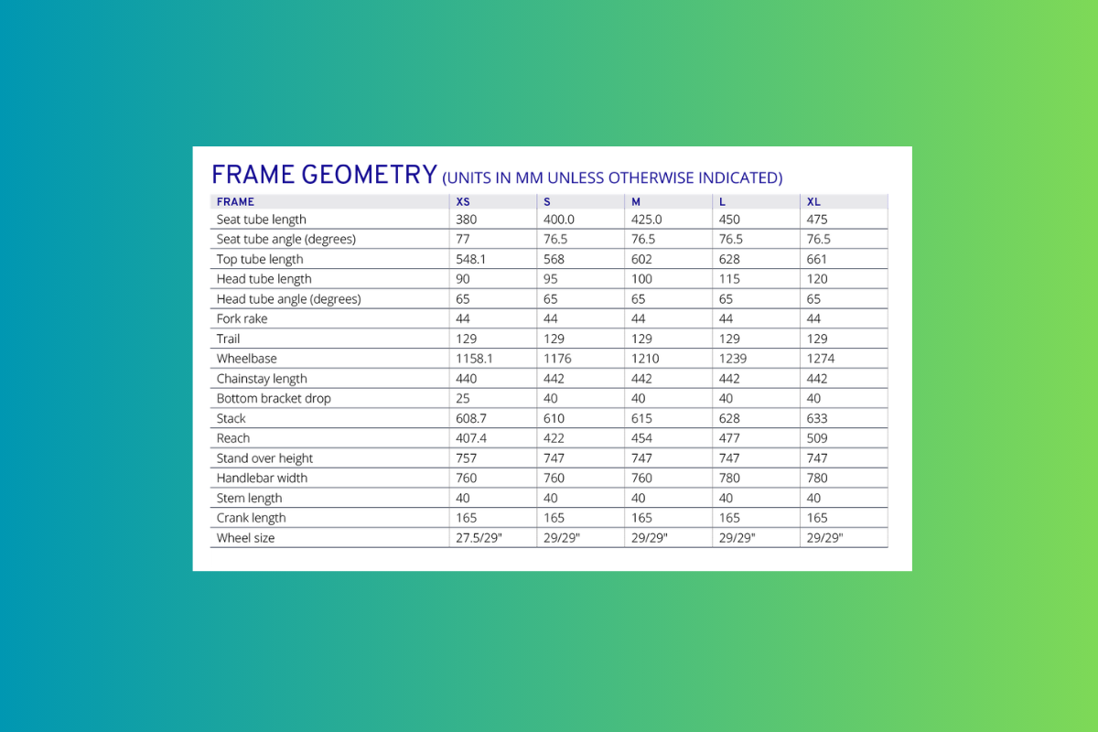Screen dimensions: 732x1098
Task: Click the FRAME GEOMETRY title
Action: point(324,175)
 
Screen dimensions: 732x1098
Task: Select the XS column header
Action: point(464,201)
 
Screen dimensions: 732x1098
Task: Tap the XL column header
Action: point(813,201)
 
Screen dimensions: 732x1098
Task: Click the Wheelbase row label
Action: point(246,359)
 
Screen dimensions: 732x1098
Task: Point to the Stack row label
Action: point(231,418)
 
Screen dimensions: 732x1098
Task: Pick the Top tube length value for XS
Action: point(472,259)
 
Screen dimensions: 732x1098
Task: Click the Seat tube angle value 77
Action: point(463,239)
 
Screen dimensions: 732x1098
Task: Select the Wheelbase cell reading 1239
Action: point(733,359)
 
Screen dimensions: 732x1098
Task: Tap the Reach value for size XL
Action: point(817,438)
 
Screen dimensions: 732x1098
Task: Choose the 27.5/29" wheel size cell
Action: point(479,538)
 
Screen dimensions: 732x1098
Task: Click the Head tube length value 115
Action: point(729,279)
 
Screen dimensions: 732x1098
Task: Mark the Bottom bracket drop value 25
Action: point(463,399)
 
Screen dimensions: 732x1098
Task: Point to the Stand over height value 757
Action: point(467,458)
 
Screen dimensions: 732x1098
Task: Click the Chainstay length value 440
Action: point(467,379)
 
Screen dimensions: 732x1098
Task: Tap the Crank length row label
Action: point(251,518)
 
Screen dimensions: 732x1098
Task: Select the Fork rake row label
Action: point(242,319)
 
